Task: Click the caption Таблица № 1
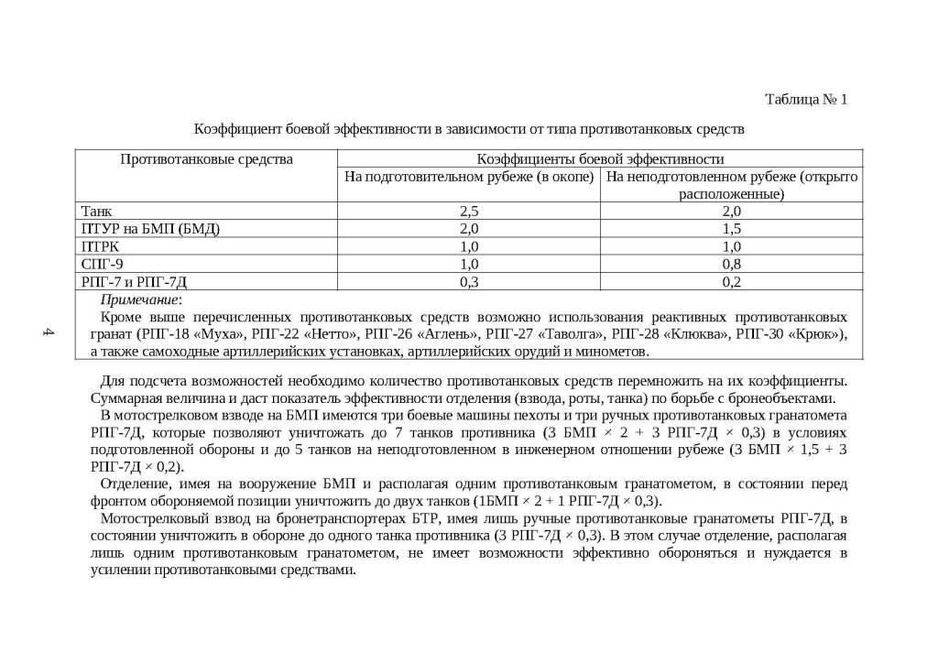click(806, 99)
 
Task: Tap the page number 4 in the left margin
click(49, 332)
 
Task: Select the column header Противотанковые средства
click(206, 159)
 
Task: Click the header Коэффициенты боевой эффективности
click(600, 159)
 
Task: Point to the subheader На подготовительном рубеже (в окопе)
click(469, 176)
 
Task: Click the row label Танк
click(97, 212)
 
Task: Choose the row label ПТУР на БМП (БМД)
click(151, 229)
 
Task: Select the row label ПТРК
click(101, 246)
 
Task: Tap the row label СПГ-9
click(103, 264)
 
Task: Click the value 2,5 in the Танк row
click(469, 212)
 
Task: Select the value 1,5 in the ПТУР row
click(731, 229)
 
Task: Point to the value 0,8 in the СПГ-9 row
click(731, 264)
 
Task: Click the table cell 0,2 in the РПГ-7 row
click(731, 281)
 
